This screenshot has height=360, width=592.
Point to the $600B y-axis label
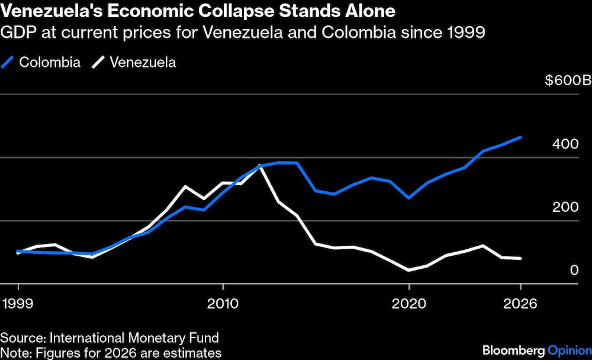coord(568,81)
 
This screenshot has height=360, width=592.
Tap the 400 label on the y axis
coord(566,144)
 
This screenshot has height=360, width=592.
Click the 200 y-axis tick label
coord(566,207)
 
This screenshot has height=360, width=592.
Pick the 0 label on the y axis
coord(574,271)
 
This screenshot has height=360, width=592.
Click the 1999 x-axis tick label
coord(18,303)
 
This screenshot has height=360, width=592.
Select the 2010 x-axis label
coord(223,303)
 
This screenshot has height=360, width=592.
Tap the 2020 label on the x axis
coord(408,303)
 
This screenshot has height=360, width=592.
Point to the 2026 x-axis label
coord(520,303)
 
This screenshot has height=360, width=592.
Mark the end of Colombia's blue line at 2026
coord(520,137)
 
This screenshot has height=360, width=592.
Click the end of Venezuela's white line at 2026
coord(520,258)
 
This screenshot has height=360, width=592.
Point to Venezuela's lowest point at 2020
coord(408,270)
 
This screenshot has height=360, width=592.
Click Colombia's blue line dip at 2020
coord(408,198)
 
